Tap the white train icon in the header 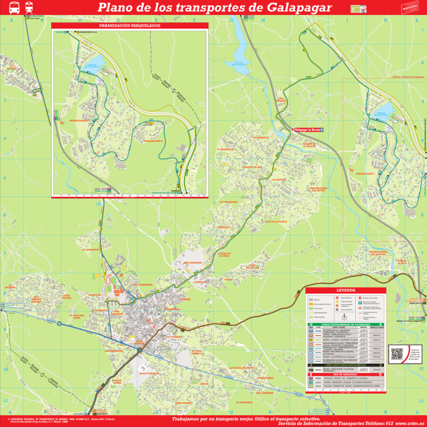[x=28, y=8]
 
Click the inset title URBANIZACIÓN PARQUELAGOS [x=130, y=26]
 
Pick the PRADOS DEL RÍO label [x=253, y=167]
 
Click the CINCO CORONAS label [x=150, y=374]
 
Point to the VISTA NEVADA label [x=66, y=297]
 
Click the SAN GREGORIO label [x=192, y=262]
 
